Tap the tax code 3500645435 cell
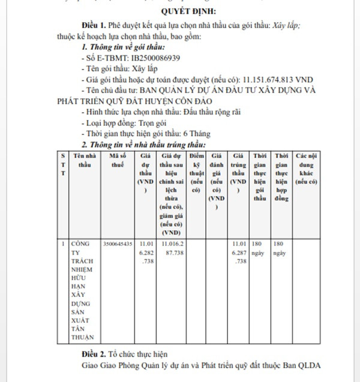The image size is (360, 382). click(118, 244)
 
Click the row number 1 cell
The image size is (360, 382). click(63, 244)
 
